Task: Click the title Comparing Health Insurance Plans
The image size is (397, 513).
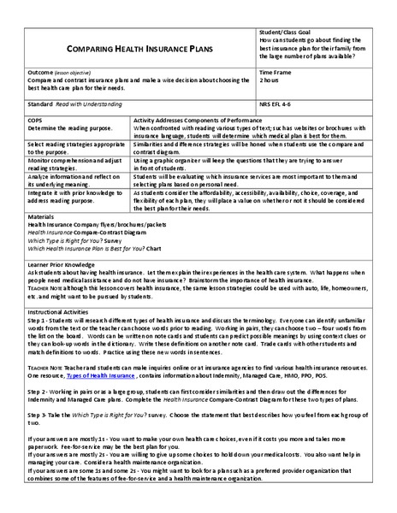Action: pyautogui.click(x=139, y=50)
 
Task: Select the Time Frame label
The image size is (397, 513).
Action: pyautogui.click(x=275, y=74)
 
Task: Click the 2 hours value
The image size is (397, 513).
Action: pyautogui.click(x=270, y=81)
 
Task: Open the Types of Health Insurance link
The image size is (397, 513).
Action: pyautogui.click(x=100, y=375)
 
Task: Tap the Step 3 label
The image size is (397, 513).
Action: pyautogui.click(x=38, y=412)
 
